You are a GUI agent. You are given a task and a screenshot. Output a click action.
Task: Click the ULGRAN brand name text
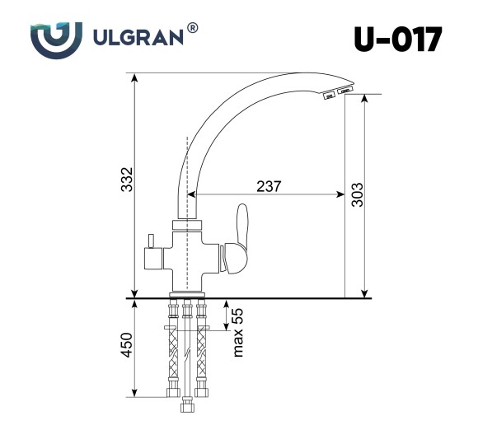point(135,38)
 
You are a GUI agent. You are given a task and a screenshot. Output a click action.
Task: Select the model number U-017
point(397,39)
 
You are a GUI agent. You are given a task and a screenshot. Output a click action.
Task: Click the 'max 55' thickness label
point(238,331)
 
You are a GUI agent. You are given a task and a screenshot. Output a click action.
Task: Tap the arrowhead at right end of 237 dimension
point(340,195)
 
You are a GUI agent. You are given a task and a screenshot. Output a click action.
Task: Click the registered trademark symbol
point(192,28)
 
